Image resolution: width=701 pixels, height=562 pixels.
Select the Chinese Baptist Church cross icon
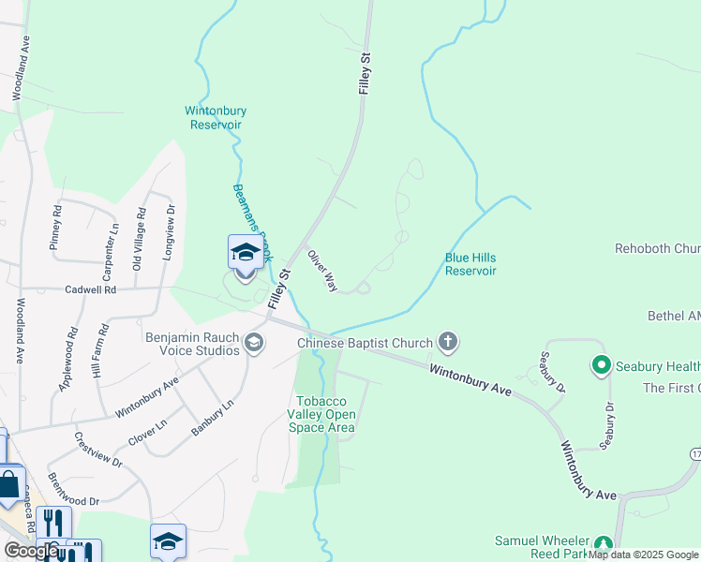click(448, 343)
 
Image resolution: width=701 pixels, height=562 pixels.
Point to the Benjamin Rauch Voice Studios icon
click(252, 344)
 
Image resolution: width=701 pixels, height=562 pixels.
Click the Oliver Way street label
click(321, 271)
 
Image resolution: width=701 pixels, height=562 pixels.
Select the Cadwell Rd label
click(91, 290)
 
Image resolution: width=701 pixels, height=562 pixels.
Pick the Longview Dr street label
click(170, 231)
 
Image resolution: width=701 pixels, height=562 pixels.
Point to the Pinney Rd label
click(56, 228)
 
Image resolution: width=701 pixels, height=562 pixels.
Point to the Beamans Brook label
click(252, 210)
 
